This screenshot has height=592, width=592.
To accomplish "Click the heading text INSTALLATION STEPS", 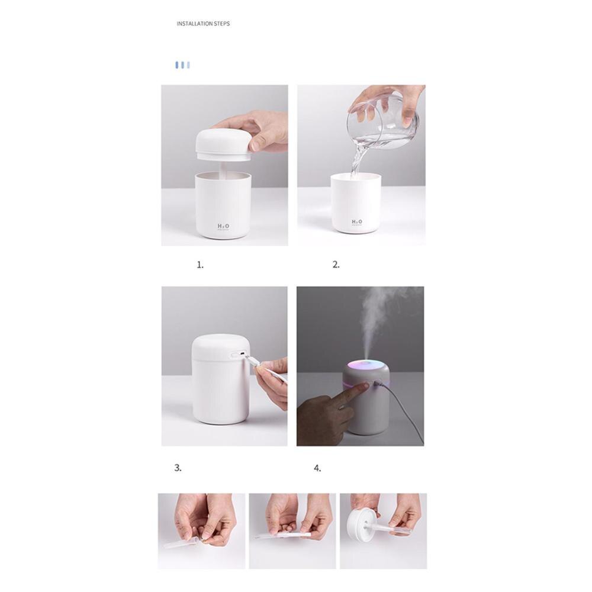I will (x=203, y=24).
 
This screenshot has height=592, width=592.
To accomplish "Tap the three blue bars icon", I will (x=182, y=65).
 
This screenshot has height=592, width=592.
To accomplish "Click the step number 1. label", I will (x=200, y=265).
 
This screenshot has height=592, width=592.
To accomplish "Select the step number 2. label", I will (x=336, y=265).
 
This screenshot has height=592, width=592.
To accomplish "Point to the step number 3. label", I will (x=178, y=468).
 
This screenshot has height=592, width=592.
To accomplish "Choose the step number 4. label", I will (x=317, y=468).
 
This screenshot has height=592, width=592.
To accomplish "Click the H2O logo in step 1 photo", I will (x=224, y=226).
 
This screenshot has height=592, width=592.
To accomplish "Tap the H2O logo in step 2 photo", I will (x=357, y=222).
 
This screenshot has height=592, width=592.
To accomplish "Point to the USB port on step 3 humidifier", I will (x=235, y=355).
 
